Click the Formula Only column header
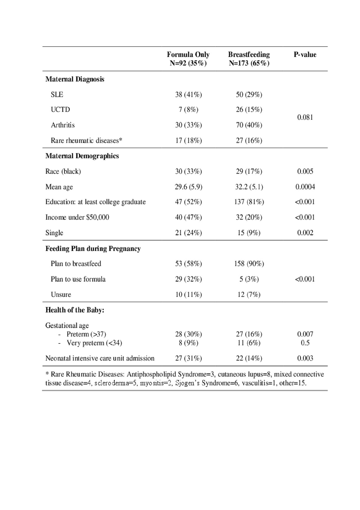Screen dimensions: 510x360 pos(188,59)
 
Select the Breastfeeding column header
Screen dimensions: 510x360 pos(249,59)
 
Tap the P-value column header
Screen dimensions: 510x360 pos(305,55)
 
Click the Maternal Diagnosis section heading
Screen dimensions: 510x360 pos(75,79)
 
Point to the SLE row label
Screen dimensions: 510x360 pos(57,95)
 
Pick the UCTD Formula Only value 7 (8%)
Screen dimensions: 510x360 pos(188,109)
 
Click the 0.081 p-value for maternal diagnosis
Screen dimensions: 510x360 pos(305,117)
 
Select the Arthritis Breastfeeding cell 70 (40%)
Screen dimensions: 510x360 pos(249,125)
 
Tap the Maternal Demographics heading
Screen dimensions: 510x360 pos(82,156)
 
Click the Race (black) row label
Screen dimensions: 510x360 pos(63,171)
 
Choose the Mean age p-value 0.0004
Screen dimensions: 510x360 pos(305,187)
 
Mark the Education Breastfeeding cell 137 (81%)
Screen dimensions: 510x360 pos(249,202)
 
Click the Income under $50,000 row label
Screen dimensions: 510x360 pos(77,217)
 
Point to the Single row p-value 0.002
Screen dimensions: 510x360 pos(305,233)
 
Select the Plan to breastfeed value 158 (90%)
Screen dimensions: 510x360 pos(249,264)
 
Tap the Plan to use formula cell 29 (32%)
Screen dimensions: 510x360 pos(188,279)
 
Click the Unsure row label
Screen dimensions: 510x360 pos(61,295)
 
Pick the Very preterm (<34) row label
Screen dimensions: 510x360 pos(94,343)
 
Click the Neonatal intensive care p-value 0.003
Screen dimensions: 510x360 pos(305,358)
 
